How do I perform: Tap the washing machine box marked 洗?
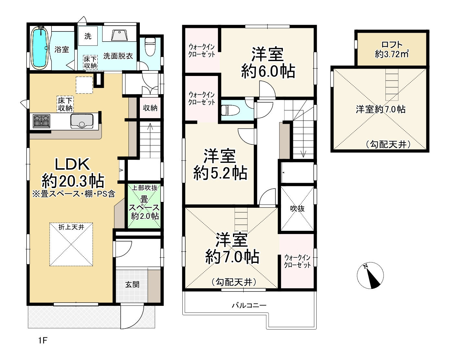click(88, 36)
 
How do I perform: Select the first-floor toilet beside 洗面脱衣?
click(150, 46)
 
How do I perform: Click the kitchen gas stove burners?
click(42, 121)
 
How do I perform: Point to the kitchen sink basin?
click(82, 121)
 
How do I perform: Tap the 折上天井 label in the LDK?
click(71, 227)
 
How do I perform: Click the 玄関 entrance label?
click(132, 285)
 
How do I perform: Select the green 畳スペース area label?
click(144, 207)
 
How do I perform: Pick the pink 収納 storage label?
click(150, 108)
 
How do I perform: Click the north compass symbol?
click(370, 276)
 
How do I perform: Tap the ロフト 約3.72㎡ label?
click(392, 49)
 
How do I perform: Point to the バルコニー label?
click(249, 305)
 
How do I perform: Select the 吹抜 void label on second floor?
click(297, 208)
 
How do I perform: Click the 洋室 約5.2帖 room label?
click(220, 164)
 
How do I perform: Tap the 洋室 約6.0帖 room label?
click(268, 63)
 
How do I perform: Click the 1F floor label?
click(43, 341)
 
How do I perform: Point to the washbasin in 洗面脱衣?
click(119, 35)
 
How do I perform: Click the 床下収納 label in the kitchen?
click(65, 104)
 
